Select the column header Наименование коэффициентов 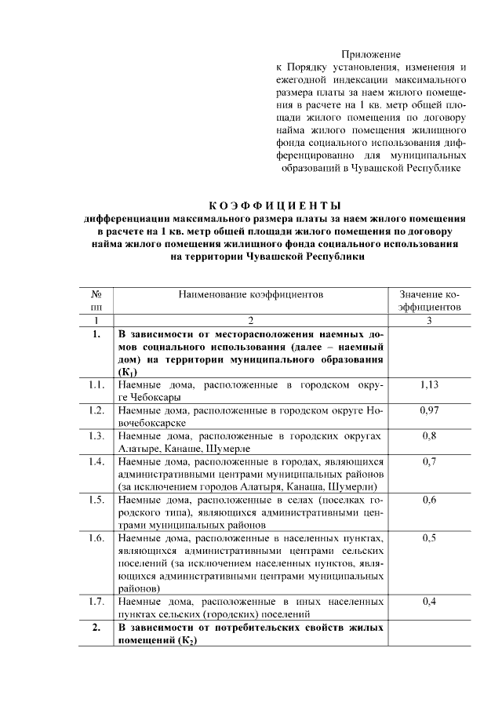(x=251, y=295)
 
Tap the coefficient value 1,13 (x=429, y=385)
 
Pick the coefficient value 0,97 (x=429, y=410)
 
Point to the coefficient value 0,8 (x=429, y=435)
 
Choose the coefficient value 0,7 (x=429, y=461)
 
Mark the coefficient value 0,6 (x=429, y=499)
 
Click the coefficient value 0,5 (x=429, y=537)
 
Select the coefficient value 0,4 (x=429, y=602)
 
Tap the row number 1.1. (x=96, y=385)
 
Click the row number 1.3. (x=96, y=435)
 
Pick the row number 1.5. (x=96, y=499)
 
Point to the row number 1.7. (x=96, y=602)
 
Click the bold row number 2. (x=96, y=628)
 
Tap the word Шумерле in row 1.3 (x=227, y=448)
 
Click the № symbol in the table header (x=96, y=295)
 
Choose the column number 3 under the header (x=429, y=320)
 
